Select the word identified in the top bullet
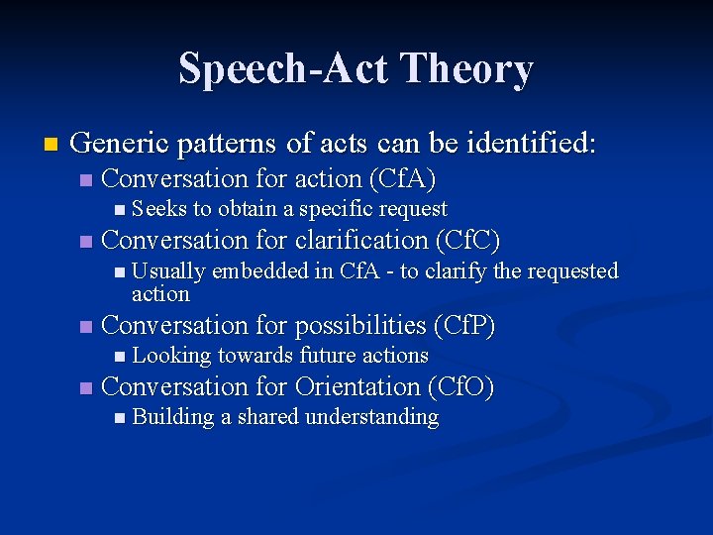pyautogui.click(x=538, y=144)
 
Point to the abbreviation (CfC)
pyautogui.click(x=467, y=241)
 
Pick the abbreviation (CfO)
pyautogui.click(x=461, y=387)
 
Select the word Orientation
pyautogui.click(x=352, y=387)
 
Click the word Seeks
pyautogui.click(x=159, y=209)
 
